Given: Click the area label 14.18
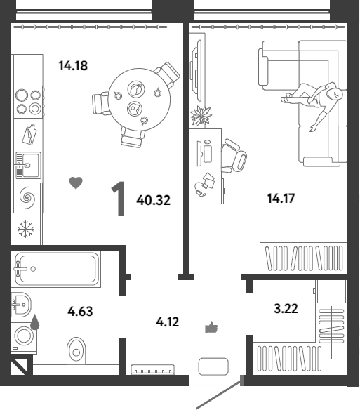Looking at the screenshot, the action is click(x=73, y=65).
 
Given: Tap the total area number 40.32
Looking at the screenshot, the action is click(x=153, y=200).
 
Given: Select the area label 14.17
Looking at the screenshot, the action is click(x=281, y=198).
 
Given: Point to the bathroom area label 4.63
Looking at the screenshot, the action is click(x=80, y=312).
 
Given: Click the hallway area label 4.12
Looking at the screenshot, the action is click(x=167, y=322).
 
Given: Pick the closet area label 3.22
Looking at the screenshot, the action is click(x=286, y=308).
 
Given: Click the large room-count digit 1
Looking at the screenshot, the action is click(x=119, y=199).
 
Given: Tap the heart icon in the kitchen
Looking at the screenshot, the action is click(x=76, y=183).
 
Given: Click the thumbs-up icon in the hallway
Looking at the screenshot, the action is click(x=211, y=327).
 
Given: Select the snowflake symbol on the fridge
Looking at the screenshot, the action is click(x=26, y=229).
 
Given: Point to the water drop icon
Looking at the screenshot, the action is click(x=35, y=322).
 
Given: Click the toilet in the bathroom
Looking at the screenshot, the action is click(x=76, y=351).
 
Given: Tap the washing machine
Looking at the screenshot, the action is click(x=24, y=338).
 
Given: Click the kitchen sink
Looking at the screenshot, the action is click(x=27, y=165).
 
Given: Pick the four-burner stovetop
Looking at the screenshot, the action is click(x=28, y=102).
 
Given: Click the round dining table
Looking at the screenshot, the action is click(x=139, y=100).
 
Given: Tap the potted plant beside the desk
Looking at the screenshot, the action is click(x=201, y=116).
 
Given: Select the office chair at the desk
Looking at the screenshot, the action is click(x=234, y=156).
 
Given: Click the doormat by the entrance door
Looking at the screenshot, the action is click(x=213, y=366).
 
